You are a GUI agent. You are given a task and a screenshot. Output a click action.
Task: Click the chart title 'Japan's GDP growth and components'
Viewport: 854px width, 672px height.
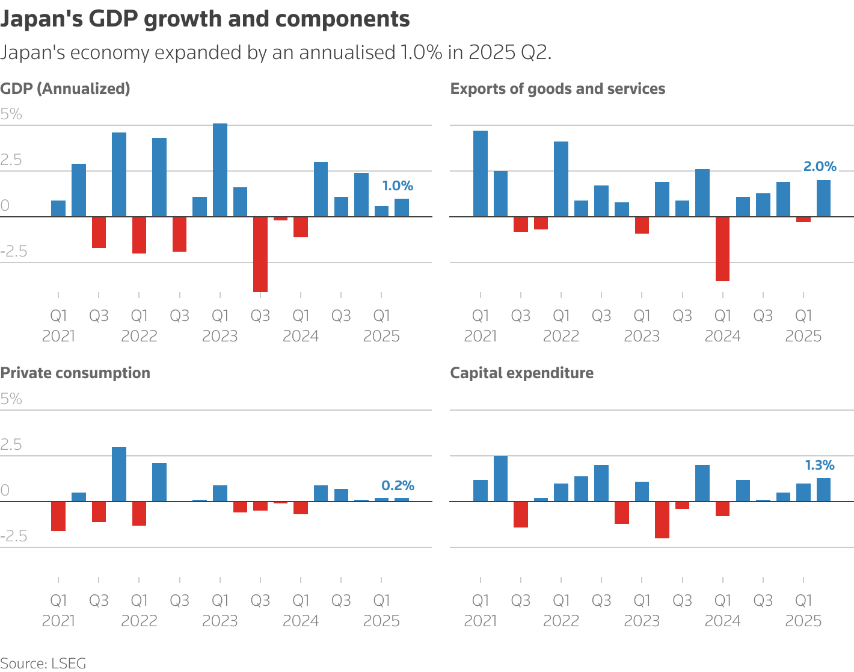pos(205,19)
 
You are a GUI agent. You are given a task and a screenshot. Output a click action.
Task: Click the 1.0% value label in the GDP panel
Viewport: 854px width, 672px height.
pos(398,186)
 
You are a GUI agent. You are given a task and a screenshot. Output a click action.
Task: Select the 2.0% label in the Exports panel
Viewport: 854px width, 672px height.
pos(820,167)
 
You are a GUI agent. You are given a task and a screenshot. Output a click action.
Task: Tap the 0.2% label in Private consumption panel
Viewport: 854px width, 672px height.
pos(398,486)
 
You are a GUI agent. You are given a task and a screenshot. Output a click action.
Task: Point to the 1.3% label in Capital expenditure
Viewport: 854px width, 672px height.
pos(820,465)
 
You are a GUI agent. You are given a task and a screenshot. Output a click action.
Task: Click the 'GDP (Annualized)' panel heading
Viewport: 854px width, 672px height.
pos(65,89)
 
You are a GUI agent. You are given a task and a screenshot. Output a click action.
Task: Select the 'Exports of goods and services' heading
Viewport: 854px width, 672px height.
pos(558,89)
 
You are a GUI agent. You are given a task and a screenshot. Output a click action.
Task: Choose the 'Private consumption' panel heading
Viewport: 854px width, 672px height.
pos(75,373)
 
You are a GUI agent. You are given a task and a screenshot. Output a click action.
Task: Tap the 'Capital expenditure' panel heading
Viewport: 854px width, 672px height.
pos(521,373)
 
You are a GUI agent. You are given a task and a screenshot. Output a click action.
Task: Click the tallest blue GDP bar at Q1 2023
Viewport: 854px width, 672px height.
pos(220,170)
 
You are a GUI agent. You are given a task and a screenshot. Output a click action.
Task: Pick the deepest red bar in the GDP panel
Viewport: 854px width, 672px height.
pos(260,254)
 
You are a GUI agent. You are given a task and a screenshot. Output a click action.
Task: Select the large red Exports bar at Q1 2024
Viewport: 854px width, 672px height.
pos(722,249)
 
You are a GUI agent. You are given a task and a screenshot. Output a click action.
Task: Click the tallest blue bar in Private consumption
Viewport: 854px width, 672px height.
pos(119,474)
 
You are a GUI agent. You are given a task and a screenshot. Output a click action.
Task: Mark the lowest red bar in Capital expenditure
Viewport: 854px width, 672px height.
pos(662,520)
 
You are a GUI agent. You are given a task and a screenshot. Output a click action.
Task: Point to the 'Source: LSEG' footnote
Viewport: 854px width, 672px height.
pos(43,664)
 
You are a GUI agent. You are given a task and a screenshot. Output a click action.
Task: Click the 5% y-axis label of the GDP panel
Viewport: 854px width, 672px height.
pos(11,114)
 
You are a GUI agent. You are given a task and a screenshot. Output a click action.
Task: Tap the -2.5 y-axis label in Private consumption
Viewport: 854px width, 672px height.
pos(14,536)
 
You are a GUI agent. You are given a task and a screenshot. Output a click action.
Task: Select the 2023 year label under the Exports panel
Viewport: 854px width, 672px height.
pos(642,336)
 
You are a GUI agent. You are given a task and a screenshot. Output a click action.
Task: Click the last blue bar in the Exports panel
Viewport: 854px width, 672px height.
pos(823,198)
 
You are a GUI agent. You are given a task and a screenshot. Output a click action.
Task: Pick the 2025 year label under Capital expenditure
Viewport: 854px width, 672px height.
pos(803,621)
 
